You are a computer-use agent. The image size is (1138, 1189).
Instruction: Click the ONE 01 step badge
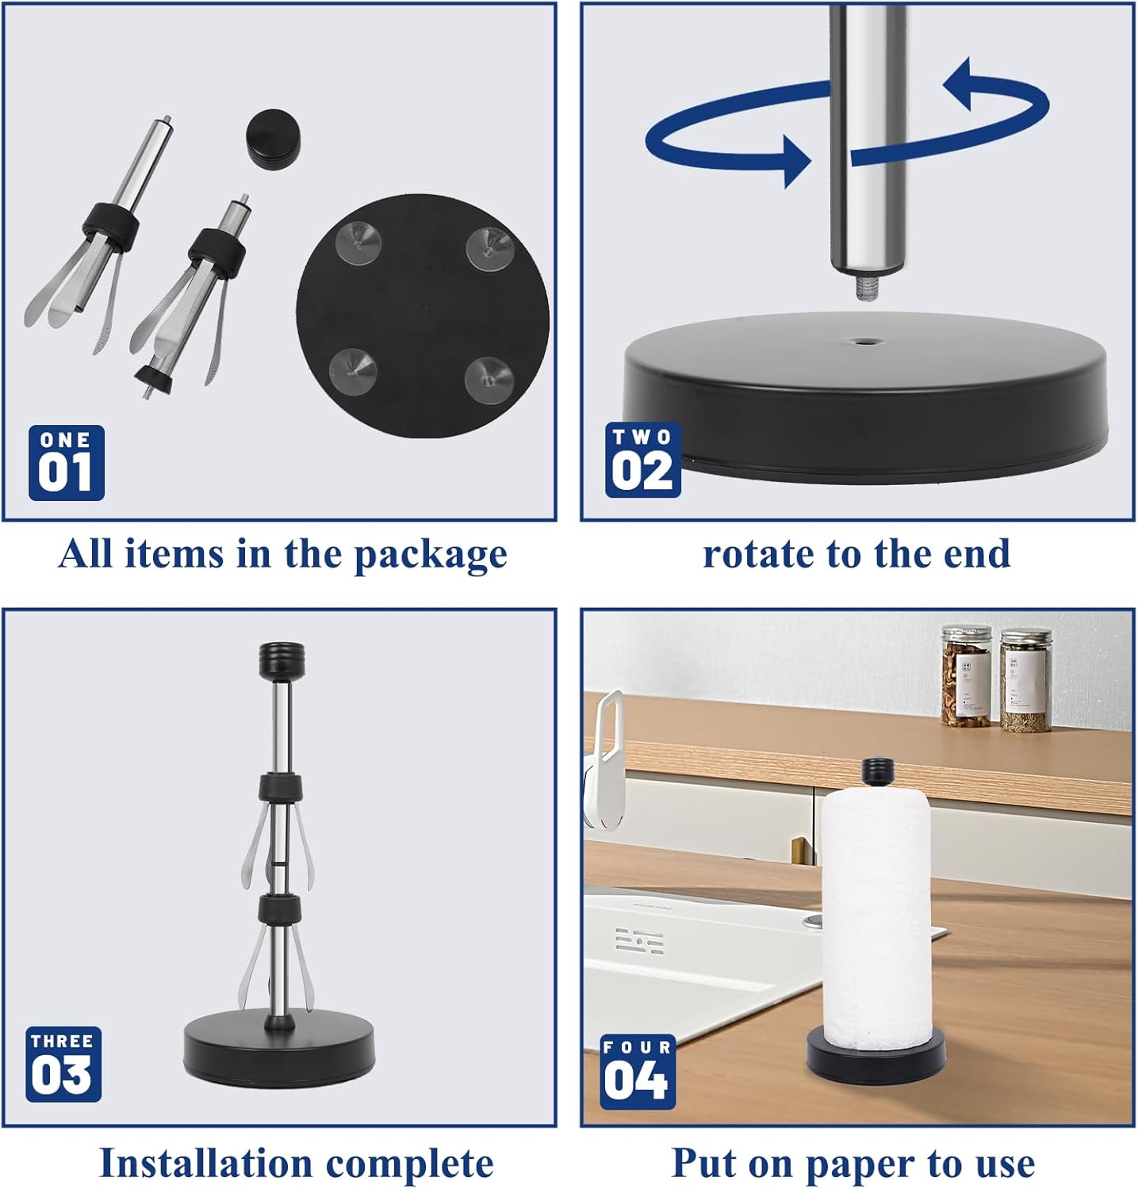tap(67, 463)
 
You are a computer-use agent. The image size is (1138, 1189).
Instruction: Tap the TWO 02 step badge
tap(643, 461)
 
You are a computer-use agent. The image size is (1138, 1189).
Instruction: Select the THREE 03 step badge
tap(63, 1065)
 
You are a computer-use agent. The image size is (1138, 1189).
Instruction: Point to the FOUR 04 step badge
tap(638, 1072)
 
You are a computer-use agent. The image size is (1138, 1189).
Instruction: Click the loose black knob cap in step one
tap(272, 138)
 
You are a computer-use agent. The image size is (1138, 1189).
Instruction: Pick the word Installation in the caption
tap(207, 1164)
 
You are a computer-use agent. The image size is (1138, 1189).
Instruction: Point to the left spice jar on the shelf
tap(967, 676)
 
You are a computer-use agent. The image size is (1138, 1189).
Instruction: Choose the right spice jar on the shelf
tap(1025, 681)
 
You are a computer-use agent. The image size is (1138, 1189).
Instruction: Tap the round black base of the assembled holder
tap(280, 1046)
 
